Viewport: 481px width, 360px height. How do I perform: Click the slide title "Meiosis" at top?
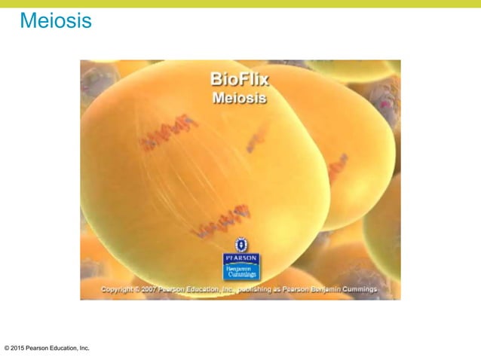pyautogui.click(x=56, y=21)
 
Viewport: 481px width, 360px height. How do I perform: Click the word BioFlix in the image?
pyautogui.click(x=240, y=79)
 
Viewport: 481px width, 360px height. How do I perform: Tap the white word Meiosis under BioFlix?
pyautogui.click(x=240, y=98)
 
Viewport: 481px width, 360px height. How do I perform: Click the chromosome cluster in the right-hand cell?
pyautogui.click(x=337, y=167)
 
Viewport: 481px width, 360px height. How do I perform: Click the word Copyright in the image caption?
pyautogui.click(x=118, y=288)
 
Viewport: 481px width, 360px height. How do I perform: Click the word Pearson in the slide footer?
pyautogui.click(x=41, y=348)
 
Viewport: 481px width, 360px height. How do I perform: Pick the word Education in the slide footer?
pyautogui.click(x=69, y=348)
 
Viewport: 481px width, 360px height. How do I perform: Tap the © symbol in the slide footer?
pyautogui.click(x=7, y=348)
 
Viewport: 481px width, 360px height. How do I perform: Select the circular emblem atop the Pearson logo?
pyautogui.click(x=240, y=244)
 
